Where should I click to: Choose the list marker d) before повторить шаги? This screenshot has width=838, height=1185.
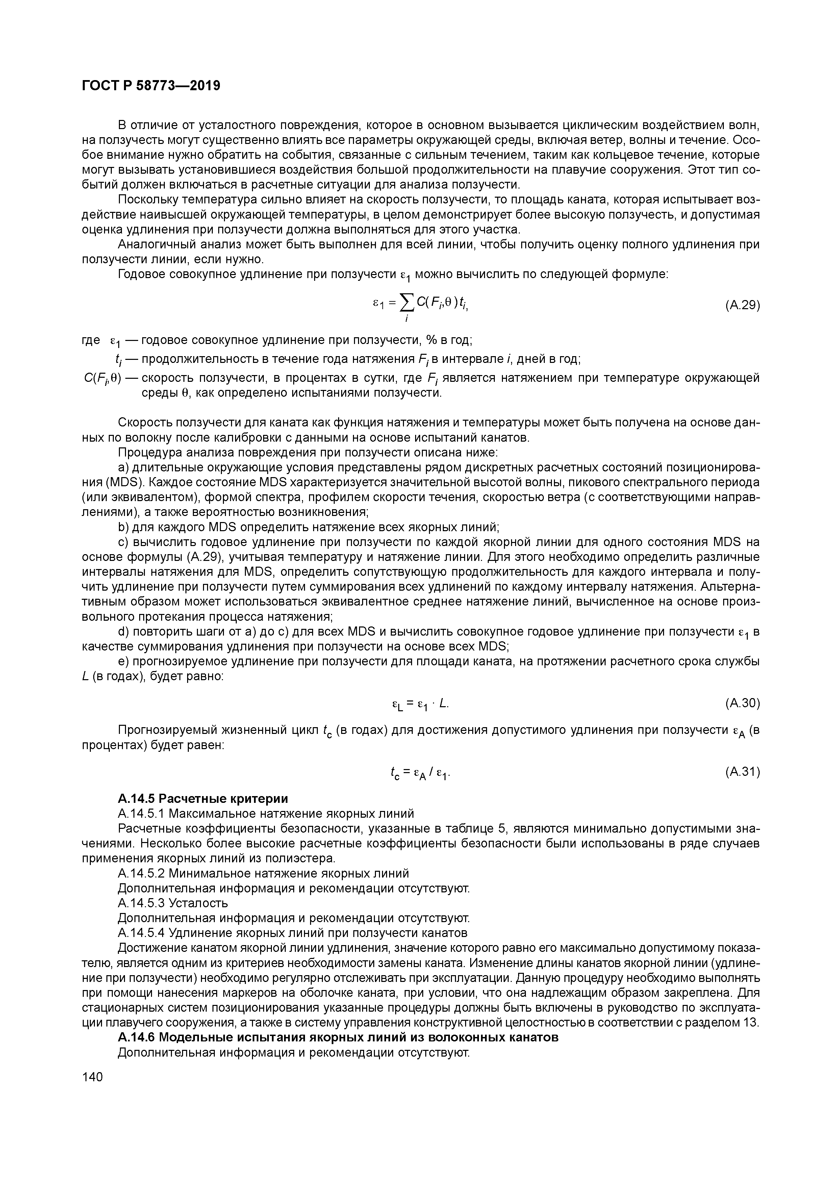click(123, 632)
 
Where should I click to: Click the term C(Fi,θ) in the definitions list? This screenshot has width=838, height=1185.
click(102, 378)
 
